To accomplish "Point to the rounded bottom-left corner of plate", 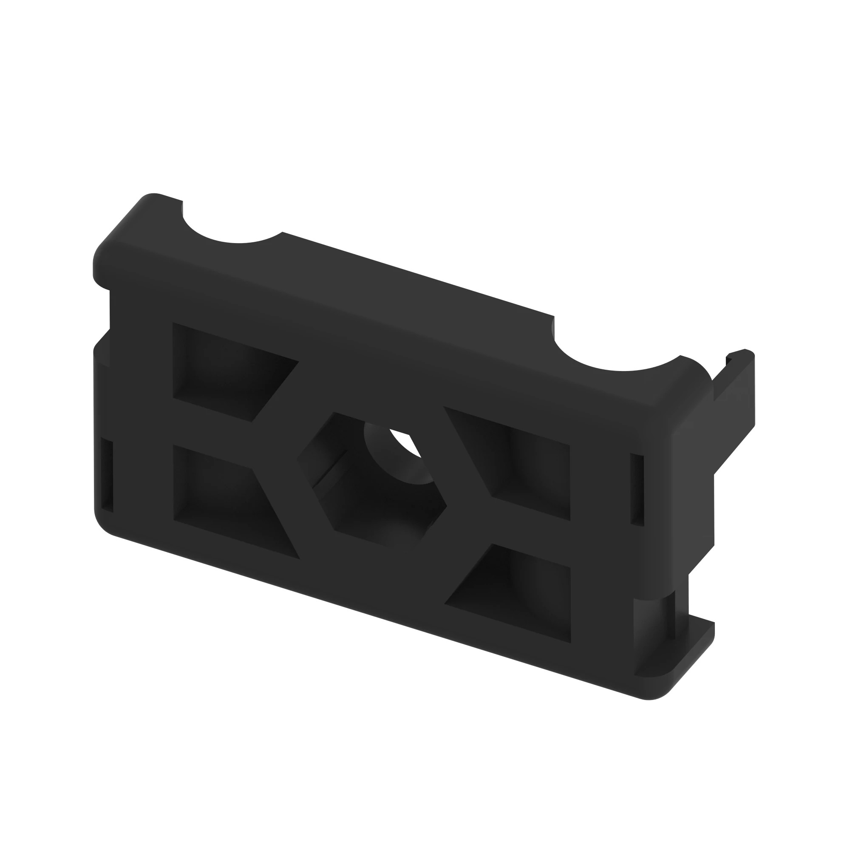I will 103,524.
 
